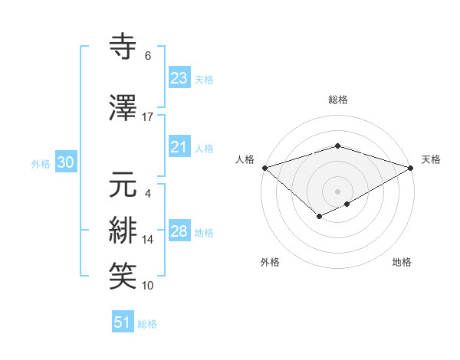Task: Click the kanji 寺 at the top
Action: pos(123,47)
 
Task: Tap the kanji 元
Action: pos(123,184)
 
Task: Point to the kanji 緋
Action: pos(123,231)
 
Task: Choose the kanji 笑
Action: pos(123,276)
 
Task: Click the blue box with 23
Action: pos(179,78)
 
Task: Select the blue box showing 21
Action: pos(179,148)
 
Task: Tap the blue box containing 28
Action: pos(179,232)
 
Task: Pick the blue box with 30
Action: pos(65,163)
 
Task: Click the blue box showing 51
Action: pos(123,323)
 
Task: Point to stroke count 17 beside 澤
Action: pos(148,116)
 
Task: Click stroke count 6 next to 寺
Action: pos(148,56)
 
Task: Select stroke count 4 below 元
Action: pos(147,193)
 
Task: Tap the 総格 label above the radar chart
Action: pos(337,100)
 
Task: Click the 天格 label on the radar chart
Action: pos(431,159)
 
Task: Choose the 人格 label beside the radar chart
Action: pos(245,159)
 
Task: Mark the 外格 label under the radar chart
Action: pos(270,262)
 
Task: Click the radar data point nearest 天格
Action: pos(411,167)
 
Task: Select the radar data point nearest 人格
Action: pos(264,167)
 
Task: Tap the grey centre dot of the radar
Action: pos(337,191)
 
